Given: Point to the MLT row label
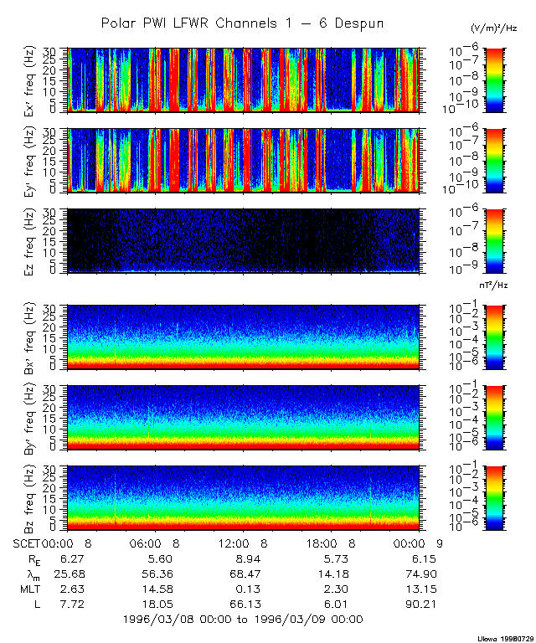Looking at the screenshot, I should pos(30,589).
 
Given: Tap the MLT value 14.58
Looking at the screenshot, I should pos(153,589).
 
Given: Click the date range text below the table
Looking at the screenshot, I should pos(242,620).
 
